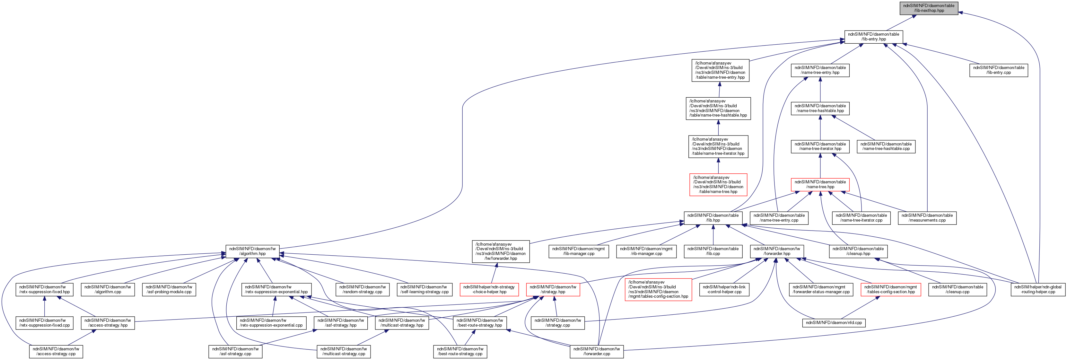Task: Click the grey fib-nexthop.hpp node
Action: (929, 8)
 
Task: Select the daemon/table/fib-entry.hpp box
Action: (874, 37)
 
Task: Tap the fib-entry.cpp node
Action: (998, 70)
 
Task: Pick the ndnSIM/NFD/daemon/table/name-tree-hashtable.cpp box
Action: (886, 146)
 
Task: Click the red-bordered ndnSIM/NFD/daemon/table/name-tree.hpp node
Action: (820, 184)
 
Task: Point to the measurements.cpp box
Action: (927, 218)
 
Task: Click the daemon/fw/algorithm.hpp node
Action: (252, 251)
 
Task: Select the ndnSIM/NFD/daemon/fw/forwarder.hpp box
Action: (777, 251)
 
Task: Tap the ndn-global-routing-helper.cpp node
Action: (1037, 289)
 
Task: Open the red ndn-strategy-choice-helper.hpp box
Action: (489, 289)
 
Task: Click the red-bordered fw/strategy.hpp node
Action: (553, 289)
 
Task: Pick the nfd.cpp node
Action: (833, 322)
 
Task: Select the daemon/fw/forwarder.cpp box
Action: (597, 351)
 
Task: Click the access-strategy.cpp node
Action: (56, 351)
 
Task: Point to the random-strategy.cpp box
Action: (363, 289)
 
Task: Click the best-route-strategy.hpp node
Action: (480, 323)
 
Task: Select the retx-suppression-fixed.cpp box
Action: (44, 323)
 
